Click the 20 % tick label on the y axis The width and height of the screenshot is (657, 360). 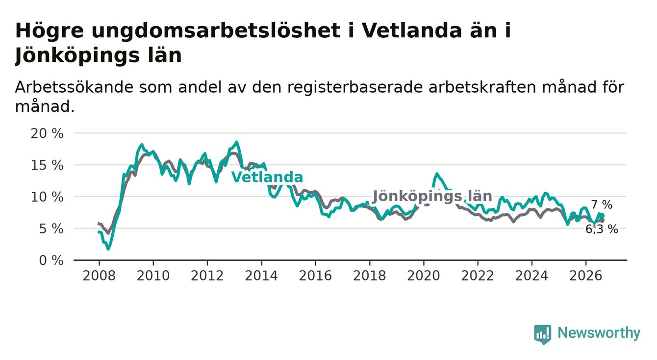pos(47,133)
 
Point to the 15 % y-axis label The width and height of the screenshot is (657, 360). pos(47,165)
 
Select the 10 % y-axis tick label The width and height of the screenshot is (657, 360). pos(47,197)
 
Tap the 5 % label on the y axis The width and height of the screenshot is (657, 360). pos(51,229)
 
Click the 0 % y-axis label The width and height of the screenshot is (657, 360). pos(51,260)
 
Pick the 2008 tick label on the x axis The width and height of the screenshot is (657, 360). pos(99,276)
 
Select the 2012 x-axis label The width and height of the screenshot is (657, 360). pos(207,276)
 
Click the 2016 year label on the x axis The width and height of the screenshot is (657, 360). pos(315,276)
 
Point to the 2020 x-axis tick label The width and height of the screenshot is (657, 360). pos(424,276)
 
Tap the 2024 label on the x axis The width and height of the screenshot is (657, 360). pos(532,276)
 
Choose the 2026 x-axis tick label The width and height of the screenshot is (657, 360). pos(586,276)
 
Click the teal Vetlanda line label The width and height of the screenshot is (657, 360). pos(267,177)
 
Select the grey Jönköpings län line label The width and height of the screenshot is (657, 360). pos(432,196)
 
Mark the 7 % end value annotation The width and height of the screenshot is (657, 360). pos(602,205)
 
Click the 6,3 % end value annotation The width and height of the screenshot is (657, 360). pos(602,229)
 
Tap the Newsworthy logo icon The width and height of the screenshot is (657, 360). pos(543,334)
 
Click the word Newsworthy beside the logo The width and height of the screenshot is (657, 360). pos(599,333)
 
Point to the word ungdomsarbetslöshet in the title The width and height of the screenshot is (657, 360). pos(216,31)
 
